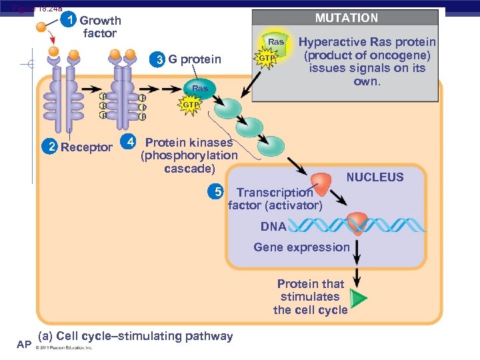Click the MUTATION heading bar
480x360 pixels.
click(346, 18)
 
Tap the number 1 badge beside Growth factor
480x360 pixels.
click(71, 20)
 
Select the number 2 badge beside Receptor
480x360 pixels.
click(51, 147)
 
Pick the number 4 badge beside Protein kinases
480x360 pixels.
click(131, 142)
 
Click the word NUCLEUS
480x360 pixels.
click(375, 177)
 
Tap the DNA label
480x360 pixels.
click(273, 227)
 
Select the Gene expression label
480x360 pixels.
click(301, 247)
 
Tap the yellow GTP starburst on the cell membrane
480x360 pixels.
click(190, 105)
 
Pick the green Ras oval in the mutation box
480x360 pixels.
click(275, 42)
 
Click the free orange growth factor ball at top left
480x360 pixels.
click(42, 27)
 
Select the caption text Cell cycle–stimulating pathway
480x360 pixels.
click(136, 336)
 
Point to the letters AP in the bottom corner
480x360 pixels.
click(24, 344)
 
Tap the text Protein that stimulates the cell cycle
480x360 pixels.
click(311, 297)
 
